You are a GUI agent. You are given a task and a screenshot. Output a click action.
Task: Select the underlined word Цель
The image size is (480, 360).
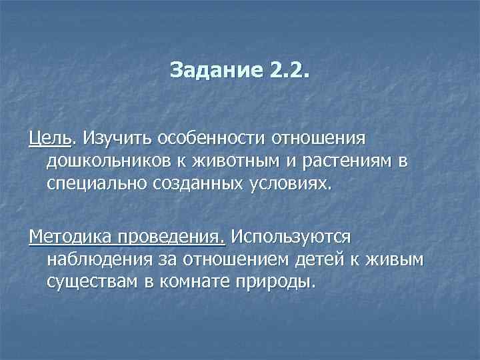(50, 138)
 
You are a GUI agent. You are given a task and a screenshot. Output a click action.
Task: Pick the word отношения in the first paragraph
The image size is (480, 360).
(319, 138)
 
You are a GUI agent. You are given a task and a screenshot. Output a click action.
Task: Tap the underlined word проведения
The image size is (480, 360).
(171, 237)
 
